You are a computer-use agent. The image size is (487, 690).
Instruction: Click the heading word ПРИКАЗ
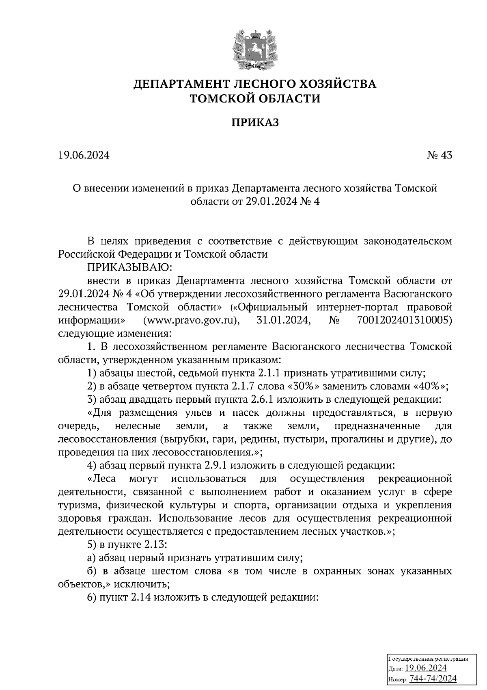(255, 123)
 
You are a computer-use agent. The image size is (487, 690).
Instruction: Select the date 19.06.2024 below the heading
(84, 155)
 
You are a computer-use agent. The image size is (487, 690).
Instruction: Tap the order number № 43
(439, 155)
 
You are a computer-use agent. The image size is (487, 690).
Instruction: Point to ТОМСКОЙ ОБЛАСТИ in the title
(255, 98)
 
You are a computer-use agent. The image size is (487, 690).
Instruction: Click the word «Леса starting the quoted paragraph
(102, 479)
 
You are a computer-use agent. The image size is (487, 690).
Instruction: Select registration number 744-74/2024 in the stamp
(433, 679)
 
